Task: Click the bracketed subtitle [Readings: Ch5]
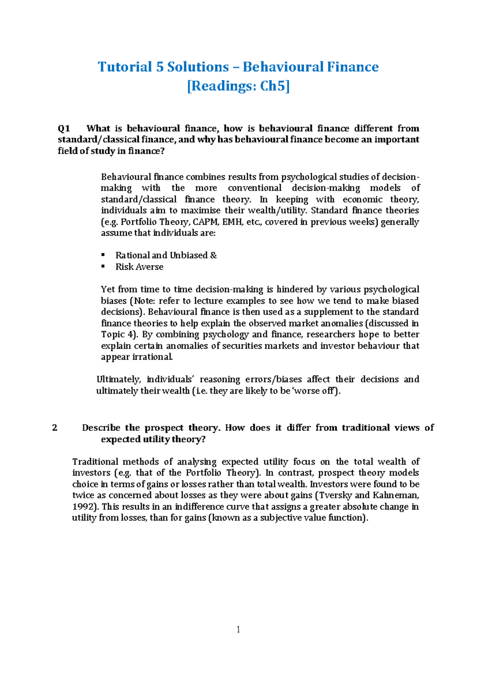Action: (238, 86)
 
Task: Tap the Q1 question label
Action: (64, 128)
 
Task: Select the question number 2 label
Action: (55, 428)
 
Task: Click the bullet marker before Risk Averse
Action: (103, 266)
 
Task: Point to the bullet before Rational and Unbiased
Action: (103, 255)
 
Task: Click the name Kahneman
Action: (396, 495)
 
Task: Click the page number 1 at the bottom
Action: (238, 629)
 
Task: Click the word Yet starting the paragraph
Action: (108, 289)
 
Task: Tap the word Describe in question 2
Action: (101, 428)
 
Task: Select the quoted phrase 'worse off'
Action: (315, 391)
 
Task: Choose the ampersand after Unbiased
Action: (213, 255)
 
